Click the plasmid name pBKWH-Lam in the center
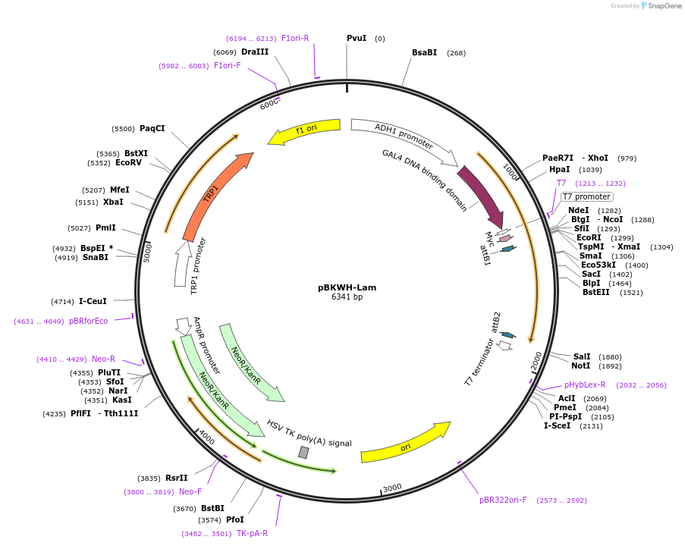click(x=347, y=287)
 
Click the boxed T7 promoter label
click(x=586, y=197)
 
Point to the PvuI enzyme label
click(x=357, y=38)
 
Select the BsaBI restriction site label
click(x=424, y=52)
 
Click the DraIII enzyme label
click(x=254, y=52)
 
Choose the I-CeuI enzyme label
click(x=93, y=301)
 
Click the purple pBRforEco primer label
click(x=88, y=321)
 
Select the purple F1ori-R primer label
click(x=295, y=38)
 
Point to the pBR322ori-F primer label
click(x=503, y=500)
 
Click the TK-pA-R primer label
click(x=252, y=533)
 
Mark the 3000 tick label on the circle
click(x=391, y=488)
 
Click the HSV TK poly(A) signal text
click(x=309, y=433)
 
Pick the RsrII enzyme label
click(x=176, y=478)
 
